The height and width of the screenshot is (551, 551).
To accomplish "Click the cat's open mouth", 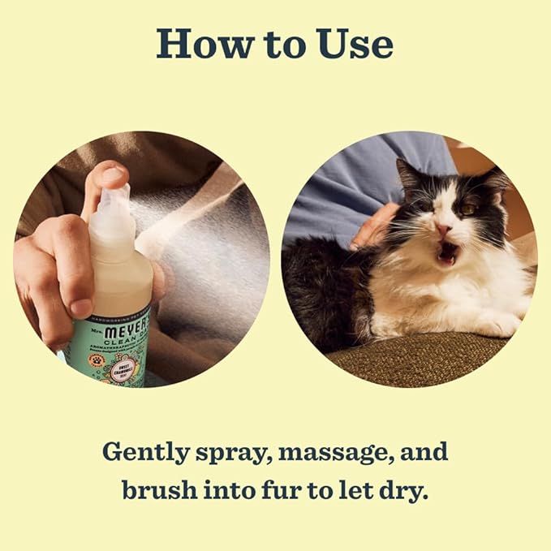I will point(447,255).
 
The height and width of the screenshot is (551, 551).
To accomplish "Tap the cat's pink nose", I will point(445,230).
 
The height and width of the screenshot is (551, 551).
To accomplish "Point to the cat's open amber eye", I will point(469,209).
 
